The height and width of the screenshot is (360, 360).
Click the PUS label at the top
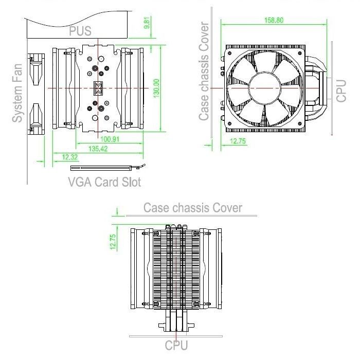click(x=80, y=31)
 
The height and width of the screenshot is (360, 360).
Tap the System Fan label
click(x=17, y=93)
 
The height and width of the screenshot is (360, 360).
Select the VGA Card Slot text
click(x=105, y=182)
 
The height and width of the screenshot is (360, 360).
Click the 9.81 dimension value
click(x=147, y=23)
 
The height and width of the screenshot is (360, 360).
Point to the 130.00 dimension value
click(x=156, y=88)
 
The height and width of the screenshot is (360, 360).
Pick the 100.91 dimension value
click(x=110, y=139)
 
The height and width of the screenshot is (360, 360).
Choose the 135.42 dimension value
click(x=98, y=149)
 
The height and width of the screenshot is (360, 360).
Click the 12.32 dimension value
click(x=70, y=157)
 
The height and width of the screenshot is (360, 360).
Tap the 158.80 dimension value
click(x=274, y=20)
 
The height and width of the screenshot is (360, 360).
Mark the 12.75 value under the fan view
click(x=238, y=141)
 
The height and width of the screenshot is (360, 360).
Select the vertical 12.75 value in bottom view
click(x=113, y=242)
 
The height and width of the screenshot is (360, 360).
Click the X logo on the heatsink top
click(x=98, y=88)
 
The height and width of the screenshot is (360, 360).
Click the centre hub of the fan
click(x=265, y=88)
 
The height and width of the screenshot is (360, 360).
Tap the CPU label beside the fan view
click(x=341, y=91)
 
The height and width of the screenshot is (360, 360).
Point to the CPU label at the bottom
click(x=176, y=345)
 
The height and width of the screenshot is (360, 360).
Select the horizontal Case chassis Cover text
click(x=193, y=208)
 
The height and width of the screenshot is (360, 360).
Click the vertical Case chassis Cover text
click(x=204, y=71)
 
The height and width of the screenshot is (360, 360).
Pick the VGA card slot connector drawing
click(x=108, y=168)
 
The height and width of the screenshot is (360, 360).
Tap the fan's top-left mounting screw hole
click(x=229, y=53)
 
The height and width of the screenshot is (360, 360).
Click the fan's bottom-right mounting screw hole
click(x=300, y=123)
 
